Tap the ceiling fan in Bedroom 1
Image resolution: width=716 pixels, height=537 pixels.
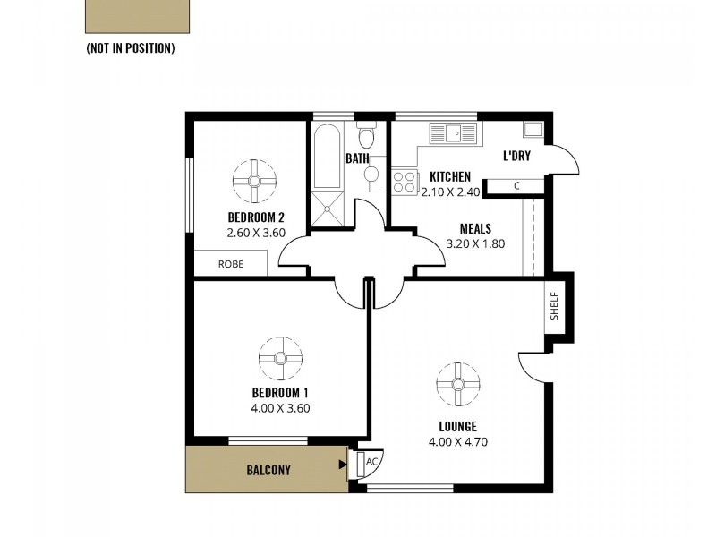(x=280, y=357)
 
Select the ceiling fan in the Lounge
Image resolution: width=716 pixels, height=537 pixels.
(x=457, y=384)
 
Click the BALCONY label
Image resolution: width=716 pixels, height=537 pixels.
(x=268, y=470)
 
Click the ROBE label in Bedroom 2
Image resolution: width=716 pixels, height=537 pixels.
(x=231, y=264)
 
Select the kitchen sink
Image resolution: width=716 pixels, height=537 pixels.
(x=455, y=132)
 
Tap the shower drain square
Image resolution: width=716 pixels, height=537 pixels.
(x=327, y=209)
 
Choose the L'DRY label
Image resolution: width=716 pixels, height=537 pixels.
(x=516, y=156)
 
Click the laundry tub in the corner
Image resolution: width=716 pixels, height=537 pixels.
(x=533, y=129)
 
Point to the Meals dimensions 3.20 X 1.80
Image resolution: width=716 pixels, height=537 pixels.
(x=475, y=243)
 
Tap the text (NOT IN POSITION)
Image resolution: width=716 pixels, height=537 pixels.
(x=130, y=47)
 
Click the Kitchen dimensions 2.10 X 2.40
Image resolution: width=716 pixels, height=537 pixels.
(x=450, y=191)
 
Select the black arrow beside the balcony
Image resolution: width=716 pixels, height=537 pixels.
(x=343, y=465)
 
